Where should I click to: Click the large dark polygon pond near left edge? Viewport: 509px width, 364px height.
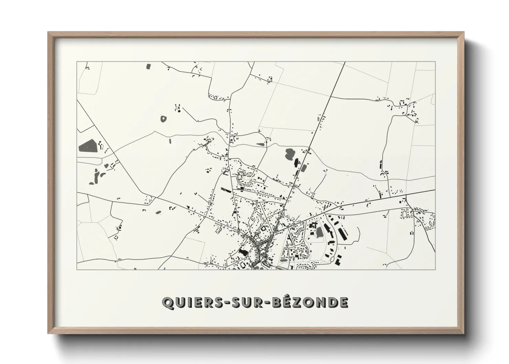click(x=88, y=146)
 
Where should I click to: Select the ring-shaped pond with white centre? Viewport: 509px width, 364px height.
click(x=163, y=119)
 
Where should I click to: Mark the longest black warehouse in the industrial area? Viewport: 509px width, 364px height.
click(x=342, y=234)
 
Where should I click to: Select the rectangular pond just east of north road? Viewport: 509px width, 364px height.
click(x=304, y=169)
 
